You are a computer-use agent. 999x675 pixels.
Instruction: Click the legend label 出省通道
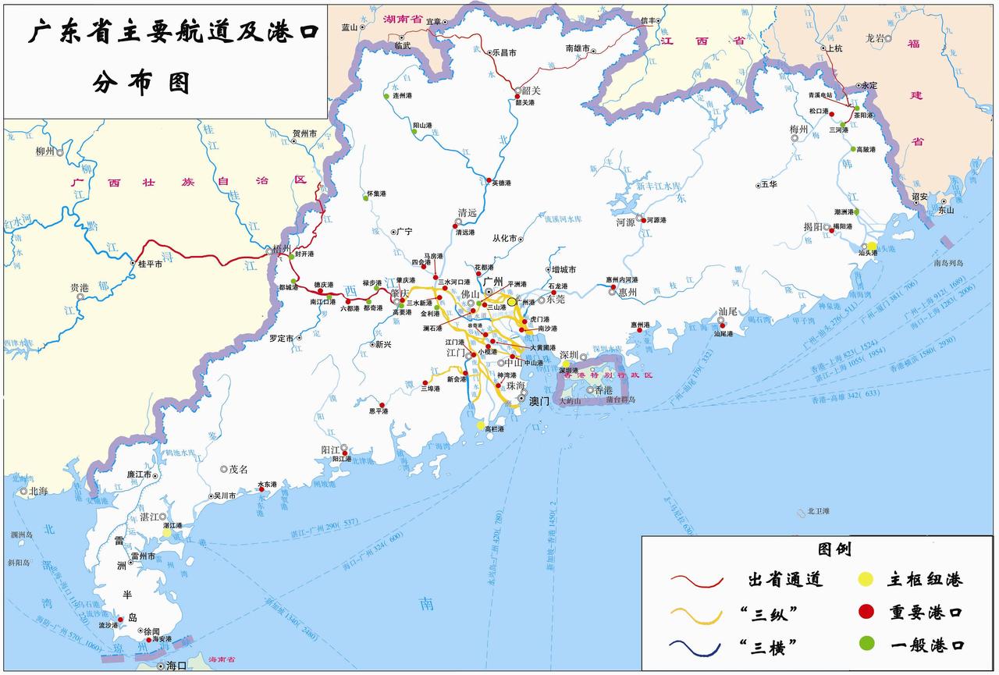tap(785, 579)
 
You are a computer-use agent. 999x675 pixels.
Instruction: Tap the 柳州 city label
tap(45, 151)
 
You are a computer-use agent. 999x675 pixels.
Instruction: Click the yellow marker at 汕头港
tap(871, 246)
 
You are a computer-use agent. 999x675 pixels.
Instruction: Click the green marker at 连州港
tap(386, 96)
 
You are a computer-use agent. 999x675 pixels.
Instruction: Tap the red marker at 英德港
tap(489, 181)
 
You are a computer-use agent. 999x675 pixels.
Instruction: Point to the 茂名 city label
tap(237, 469)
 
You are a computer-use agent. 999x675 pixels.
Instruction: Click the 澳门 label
tap(540, 401)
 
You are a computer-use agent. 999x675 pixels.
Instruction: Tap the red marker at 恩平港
tap(382, 407)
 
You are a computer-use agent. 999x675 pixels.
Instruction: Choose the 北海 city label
tap(38, 491)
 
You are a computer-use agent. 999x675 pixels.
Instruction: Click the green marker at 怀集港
tap(365, 198)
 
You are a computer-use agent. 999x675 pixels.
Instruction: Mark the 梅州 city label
tap(798, 129)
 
